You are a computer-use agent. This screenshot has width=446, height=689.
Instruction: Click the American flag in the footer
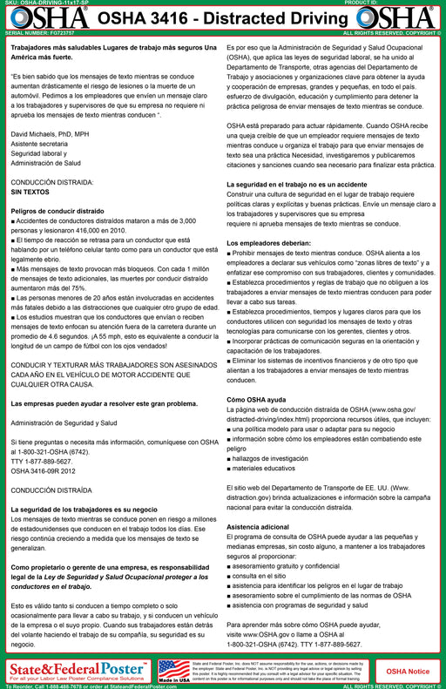click(173, 666)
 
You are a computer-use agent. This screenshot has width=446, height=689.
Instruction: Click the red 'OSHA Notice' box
click(406, 670)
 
